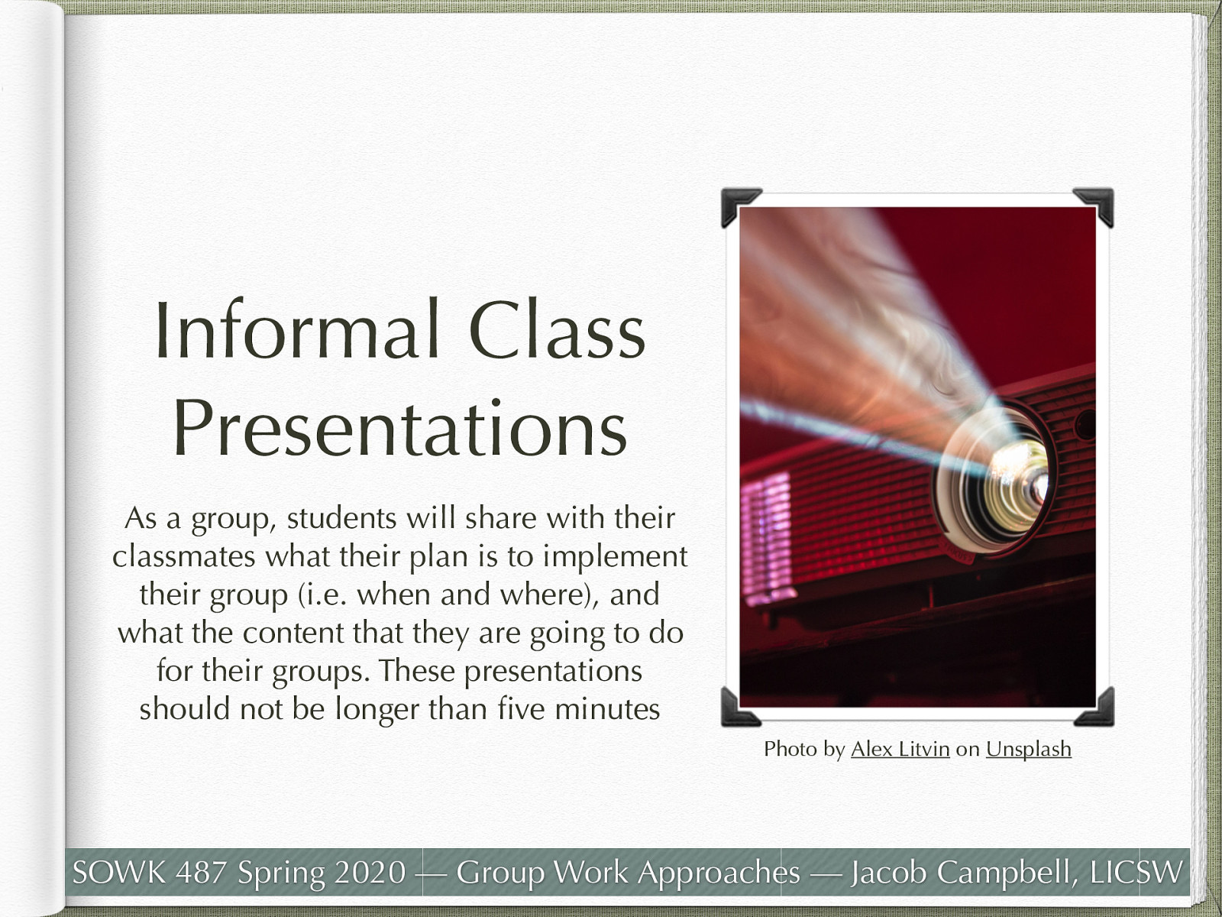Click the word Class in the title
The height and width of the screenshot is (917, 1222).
point(557,331)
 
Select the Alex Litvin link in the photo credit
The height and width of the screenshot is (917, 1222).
point(900,749)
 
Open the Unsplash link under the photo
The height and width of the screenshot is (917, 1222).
point(1028,749)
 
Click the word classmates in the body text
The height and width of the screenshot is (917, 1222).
point(184,556)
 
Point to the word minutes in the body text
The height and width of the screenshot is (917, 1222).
point(606,709)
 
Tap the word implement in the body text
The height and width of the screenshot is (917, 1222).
point(615,556)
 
